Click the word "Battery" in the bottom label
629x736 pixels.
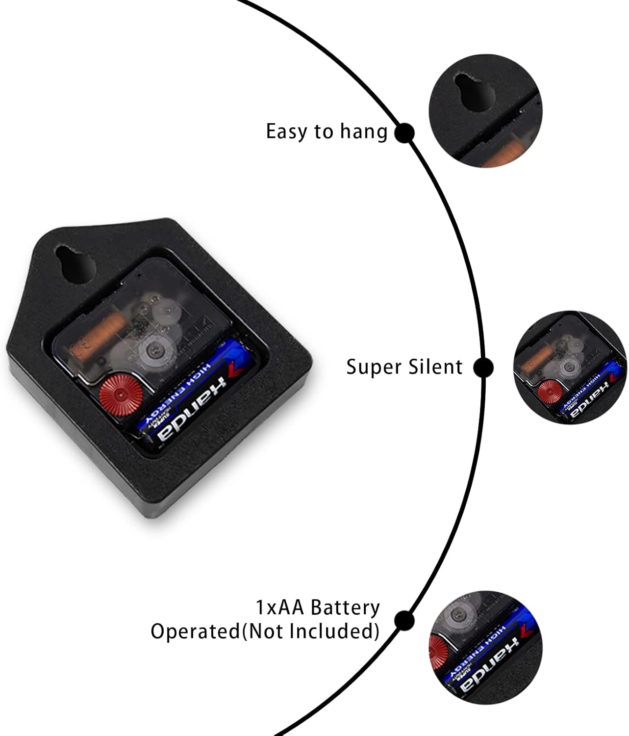[346, 607]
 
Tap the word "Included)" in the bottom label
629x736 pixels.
[339, 631]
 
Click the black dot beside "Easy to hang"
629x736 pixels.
[404, 133]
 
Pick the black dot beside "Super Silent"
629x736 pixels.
[483, 367]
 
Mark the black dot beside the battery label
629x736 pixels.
[404, 620]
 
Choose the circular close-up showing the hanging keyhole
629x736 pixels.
[485, 111]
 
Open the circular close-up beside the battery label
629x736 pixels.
[485, 647]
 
